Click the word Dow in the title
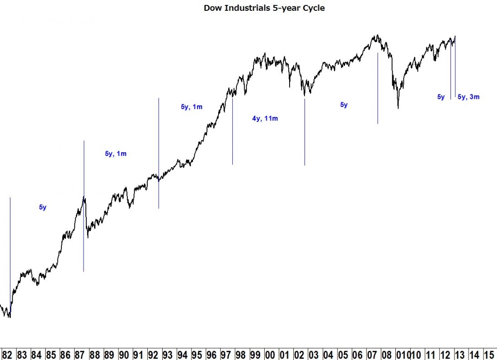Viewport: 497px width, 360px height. tap(212, 8)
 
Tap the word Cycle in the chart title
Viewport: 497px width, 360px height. tap(314, 8)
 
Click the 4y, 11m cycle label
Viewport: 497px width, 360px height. tap(265, 119)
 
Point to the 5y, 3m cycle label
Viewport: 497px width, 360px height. tap(469, 97)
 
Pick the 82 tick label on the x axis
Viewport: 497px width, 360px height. tap(7, 354)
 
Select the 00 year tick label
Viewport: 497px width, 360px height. tap(270, 354)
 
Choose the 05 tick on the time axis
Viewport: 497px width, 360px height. tap(342, 354)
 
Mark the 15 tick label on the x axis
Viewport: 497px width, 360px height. tap(488, 354)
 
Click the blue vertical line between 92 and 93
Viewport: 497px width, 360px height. tap(159, 154)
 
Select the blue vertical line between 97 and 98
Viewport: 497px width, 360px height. tap(232, 131)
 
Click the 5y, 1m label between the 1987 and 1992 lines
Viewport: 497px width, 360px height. tap(116, 154)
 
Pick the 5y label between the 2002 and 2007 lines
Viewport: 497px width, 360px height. tap(344, 105)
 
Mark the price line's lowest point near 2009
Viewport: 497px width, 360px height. tap(398, 108)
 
